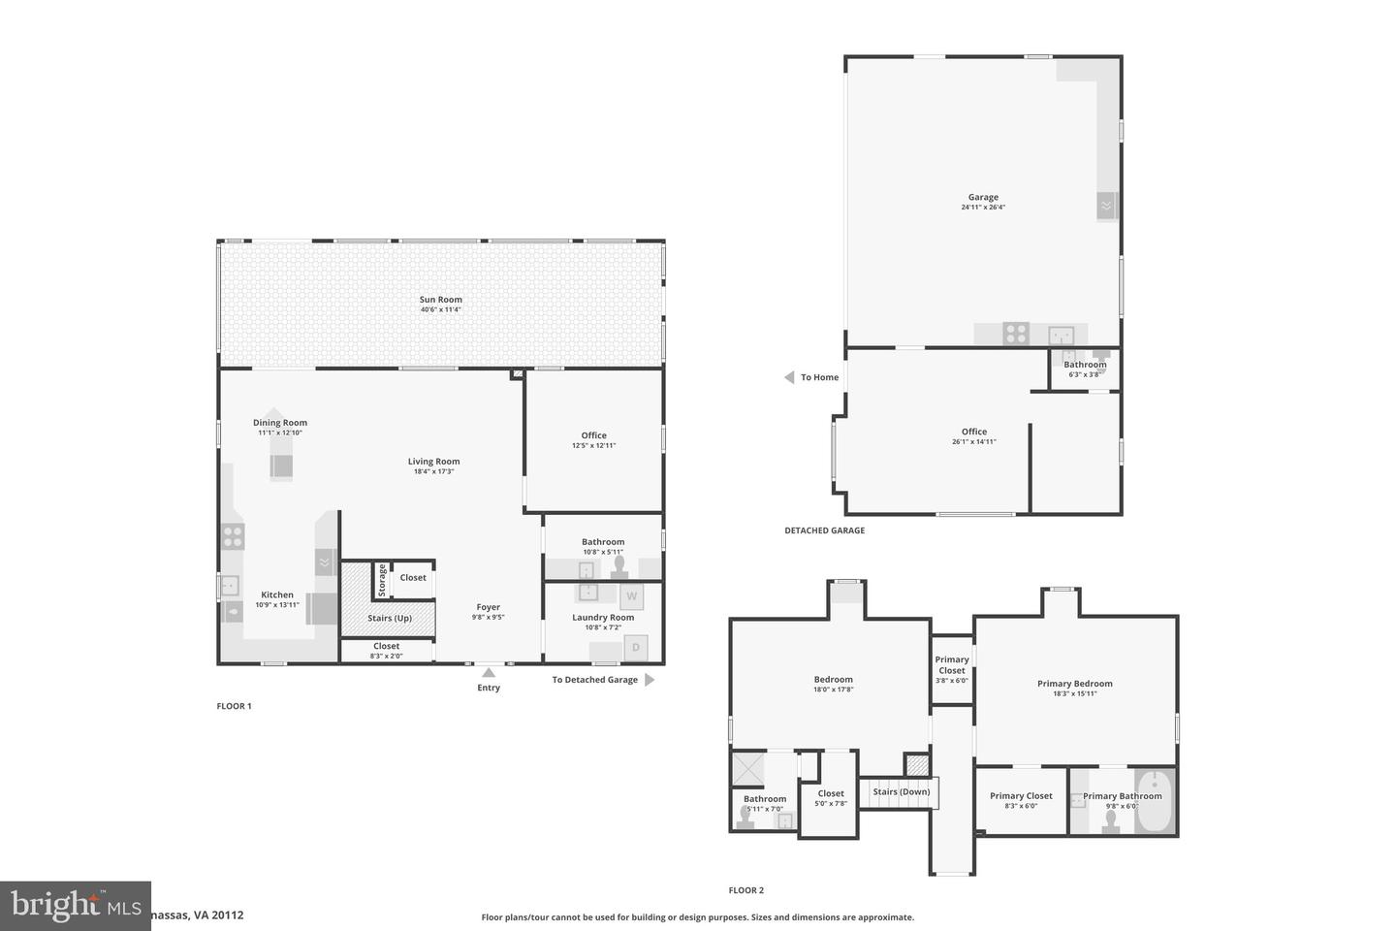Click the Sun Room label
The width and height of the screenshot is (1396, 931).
pyautogui.click(x=440, y=300)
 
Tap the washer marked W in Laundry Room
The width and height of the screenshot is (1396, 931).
pyautogui.click(x=631, y=595)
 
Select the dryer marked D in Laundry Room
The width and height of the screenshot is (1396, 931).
pyautogui.click(x=636, y=647)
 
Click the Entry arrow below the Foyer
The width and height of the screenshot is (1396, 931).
pyautogui.click(x=489, y=672)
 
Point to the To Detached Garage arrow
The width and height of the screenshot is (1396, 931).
pyautogui.click(x=650, y=680)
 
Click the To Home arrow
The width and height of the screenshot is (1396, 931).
pyautogui.click(x=789, y=377)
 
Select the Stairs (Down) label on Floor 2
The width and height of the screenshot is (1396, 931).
pyautogui.click(x=901, y=792)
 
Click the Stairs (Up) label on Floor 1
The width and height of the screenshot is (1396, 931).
pyautogui.click(x=390, y=618)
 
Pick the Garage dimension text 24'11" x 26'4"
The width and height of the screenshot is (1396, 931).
pyautogui.click(x=983, y=207)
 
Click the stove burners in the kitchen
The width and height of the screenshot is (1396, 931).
pyautogui.click(x=233, y=536)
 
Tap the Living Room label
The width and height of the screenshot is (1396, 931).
pyautogui.click(x=433, y=462)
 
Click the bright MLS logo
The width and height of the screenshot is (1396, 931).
pyautogui.click(x=75, y=906)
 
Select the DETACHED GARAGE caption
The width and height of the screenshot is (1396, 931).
pyautogui.click(x=824, y=530)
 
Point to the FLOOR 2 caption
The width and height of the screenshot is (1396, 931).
pyautogui.click(x=746, y=890)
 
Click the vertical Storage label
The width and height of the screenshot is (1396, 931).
pyautogui.click(x=382, y=581)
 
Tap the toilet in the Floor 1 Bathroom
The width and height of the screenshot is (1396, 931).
pyautogui.click(x=619, y=565)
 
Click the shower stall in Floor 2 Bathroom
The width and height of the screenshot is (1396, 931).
pyautogui.click(x=747, y=769)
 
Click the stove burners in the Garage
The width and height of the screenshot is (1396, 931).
pyautogui.click(x=1015, y=334)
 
